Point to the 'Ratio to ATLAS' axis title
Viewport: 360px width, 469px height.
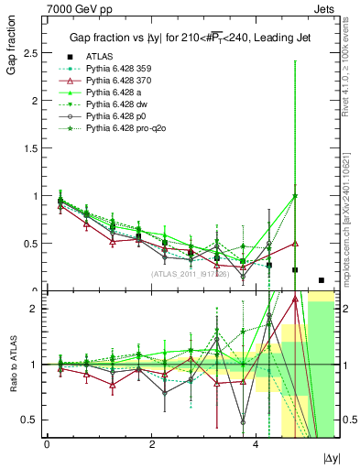[x=12, y=364]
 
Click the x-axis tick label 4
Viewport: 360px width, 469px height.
[x=255, y=444]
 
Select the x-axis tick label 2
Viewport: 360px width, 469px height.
[x=150, y=444]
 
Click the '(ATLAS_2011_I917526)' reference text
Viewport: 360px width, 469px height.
[x=190, y=273]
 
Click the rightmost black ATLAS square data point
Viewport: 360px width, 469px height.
[x=321, y=280]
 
